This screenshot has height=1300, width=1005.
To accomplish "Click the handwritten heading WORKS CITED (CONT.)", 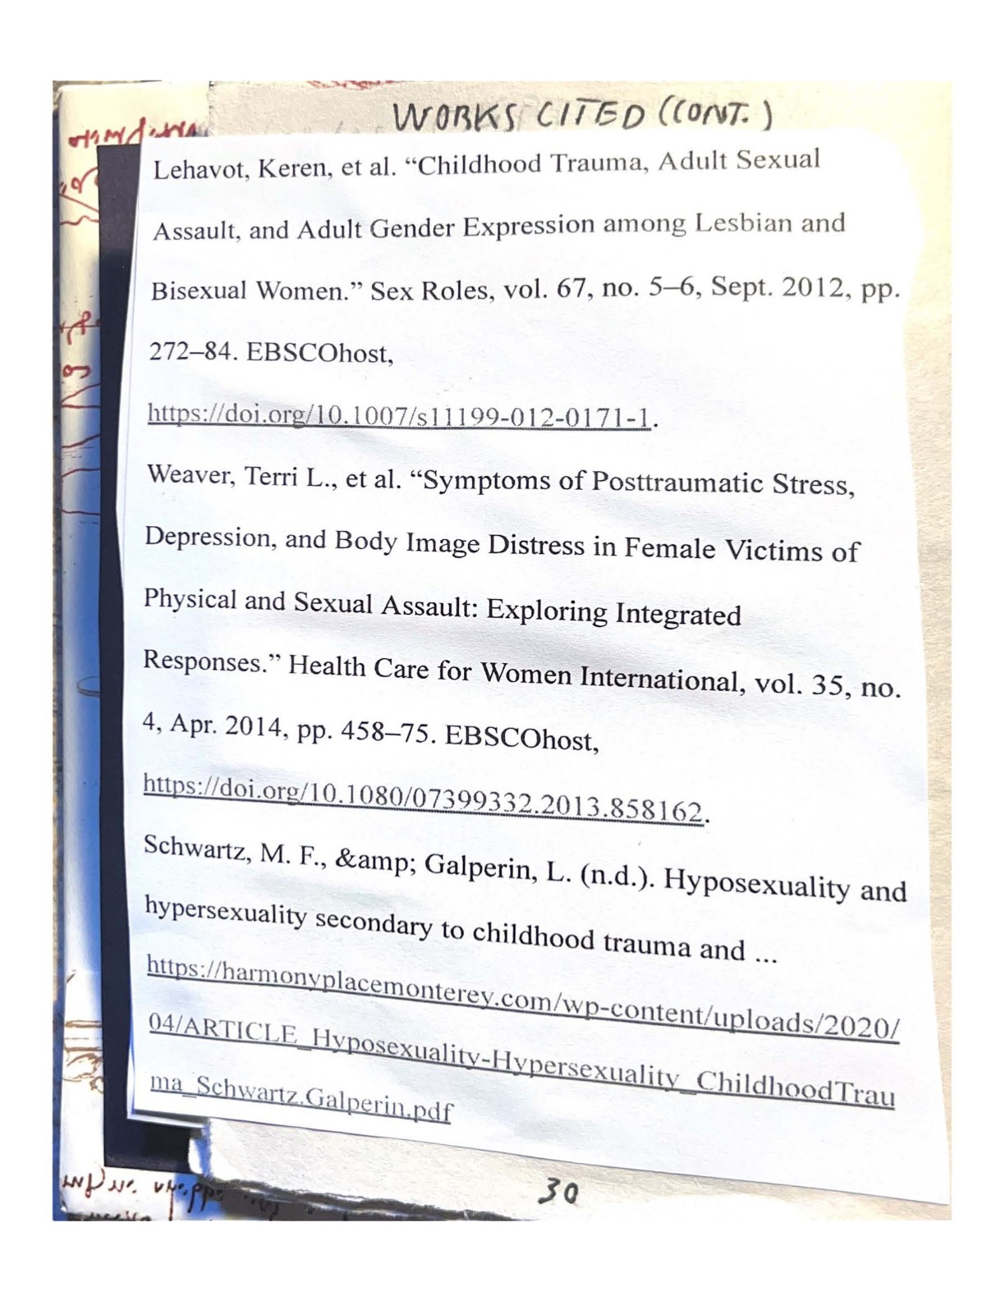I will point(581,115).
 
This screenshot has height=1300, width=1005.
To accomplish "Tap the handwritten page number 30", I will point(558,1192).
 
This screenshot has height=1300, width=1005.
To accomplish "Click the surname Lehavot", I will point(200,169).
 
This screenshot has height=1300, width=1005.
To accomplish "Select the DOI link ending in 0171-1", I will point(399,415).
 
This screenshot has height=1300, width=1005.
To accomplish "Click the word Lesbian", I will point(741,223).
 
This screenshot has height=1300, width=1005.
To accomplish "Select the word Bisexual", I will point(198,291).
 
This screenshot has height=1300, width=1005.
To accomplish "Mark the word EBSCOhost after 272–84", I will point(319,353).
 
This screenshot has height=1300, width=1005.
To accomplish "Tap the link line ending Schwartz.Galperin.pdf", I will point(301,1098).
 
